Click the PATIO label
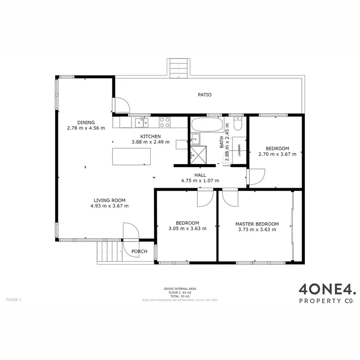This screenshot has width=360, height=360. click(205, 95)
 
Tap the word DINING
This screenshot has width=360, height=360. click(86, 122)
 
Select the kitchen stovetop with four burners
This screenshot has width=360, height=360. click(165, 122)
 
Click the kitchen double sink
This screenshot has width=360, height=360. click(141, 123)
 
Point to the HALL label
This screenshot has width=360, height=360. click(200, 175)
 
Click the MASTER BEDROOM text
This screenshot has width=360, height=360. click(257, 224)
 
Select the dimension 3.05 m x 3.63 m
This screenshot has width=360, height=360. click(187, 229)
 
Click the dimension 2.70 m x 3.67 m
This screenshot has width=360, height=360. click(277, 154)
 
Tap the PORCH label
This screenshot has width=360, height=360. click(139, 252)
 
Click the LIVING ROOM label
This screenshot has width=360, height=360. click(109, 200)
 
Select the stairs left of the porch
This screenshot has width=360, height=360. click(108, 252)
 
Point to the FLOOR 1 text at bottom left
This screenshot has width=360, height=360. click(13, 300)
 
